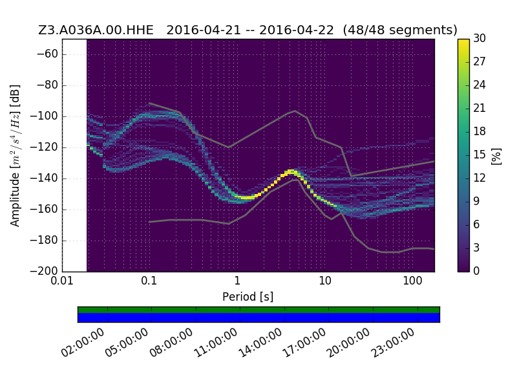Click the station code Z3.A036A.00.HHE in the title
(x=96, y=30)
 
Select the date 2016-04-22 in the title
(x=297, y=30)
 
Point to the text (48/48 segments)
(x=400, y=30)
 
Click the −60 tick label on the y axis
(x=47, y=54)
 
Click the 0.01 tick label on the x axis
(x=62, y=281)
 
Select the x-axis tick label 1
(x=237, y=281)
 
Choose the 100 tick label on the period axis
(x=412, y=281)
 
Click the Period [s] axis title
(x=248, y=297)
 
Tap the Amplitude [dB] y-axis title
(x=15, y=155)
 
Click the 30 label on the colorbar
(x=480, y=38)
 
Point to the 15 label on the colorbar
(x=480, y=155)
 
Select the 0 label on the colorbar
(x=476, y=271)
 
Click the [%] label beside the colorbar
(x=496, y=156)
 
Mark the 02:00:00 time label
(x=83, y=343)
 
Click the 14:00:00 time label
(x=260, y=343)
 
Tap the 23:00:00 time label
(x=393, y=343)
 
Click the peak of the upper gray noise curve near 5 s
(x=295, y=111)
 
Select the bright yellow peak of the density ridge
(x=291, y=171)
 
